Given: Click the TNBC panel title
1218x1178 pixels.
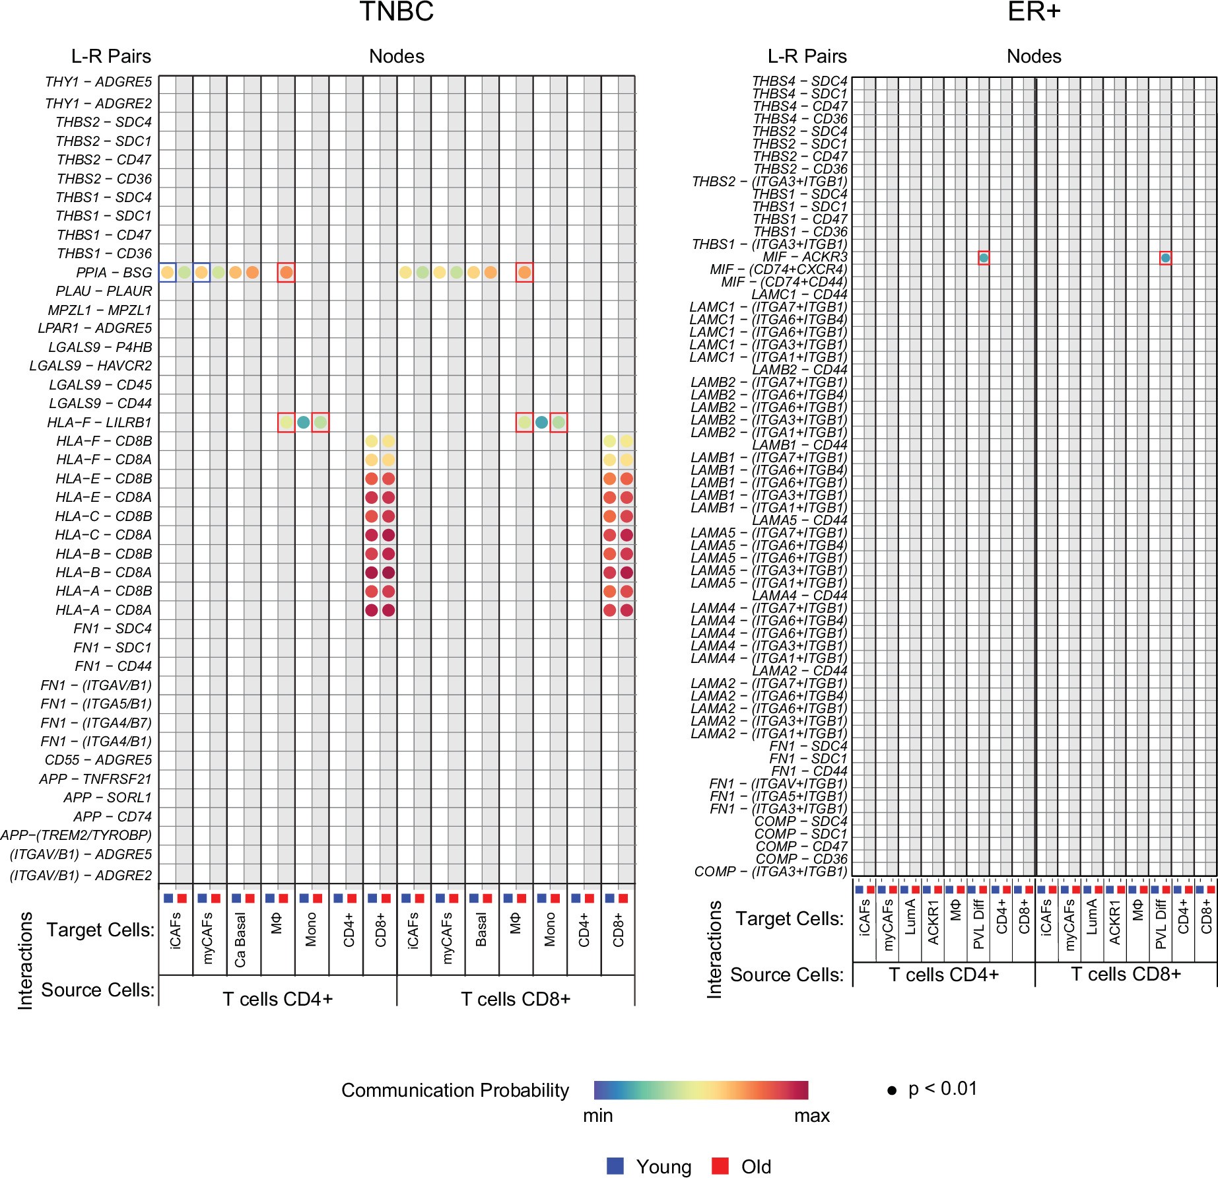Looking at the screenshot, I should pos(396,12).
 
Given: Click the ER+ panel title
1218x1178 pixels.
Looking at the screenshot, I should pos(1033,12).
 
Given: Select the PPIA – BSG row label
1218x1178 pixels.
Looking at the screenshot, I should pos(114,273).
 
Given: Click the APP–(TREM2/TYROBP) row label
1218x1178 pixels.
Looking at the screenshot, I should pos(76,835).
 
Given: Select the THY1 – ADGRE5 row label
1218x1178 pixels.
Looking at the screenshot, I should pos(98,83).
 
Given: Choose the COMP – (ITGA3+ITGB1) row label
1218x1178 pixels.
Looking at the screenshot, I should pos(770,872).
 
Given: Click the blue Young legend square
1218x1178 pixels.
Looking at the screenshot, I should pos(615,1166).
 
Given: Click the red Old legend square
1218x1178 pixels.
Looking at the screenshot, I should pos(720,1166).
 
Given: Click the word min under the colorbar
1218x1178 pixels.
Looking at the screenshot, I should pos(597,1115).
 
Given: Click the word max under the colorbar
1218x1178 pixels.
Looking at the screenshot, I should pos(811,1115).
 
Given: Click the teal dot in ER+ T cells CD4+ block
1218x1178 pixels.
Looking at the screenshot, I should pos(984,258).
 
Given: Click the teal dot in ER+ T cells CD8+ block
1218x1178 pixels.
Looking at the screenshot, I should pos(1166,258).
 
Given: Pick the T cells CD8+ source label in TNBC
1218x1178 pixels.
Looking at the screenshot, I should pos(515,999).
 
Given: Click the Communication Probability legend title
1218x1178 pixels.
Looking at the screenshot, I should pos(455,1090).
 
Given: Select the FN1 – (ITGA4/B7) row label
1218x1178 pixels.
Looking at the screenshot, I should pos(96,723).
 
